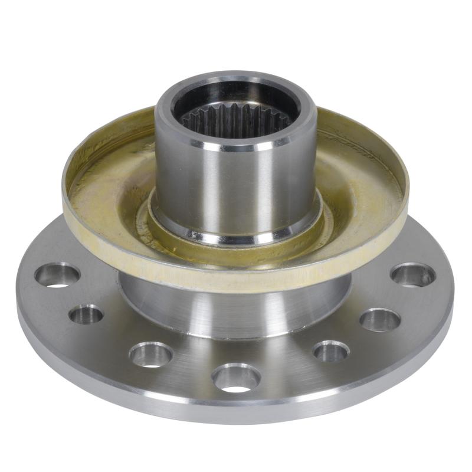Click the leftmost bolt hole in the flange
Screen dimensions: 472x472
(57, 274)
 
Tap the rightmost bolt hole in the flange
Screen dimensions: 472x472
(413, 274)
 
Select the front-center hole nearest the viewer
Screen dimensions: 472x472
(236, 377)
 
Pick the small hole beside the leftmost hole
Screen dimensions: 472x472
(86, 314)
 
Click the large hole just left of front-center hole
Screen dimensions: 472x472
(151, 354)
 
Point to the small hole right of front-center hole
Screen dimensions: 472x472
(331, 351)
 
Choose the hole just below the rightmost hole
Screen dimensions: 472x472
(380, 320)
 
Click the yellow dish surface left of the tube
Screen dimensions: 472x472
(112, 189)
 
